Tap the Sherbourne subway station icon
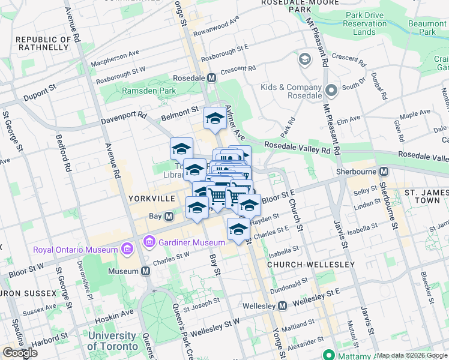384,171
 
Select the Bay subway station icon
169,216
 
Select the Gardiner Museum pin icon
148,242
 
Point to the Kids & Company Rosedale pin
331,91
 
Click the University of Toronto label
112,341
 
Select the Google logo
20,353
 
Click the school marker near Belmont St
214,118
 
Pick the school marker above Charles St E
238,229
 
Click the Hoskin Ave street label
119,314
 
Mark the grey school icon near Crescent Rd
304,60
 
